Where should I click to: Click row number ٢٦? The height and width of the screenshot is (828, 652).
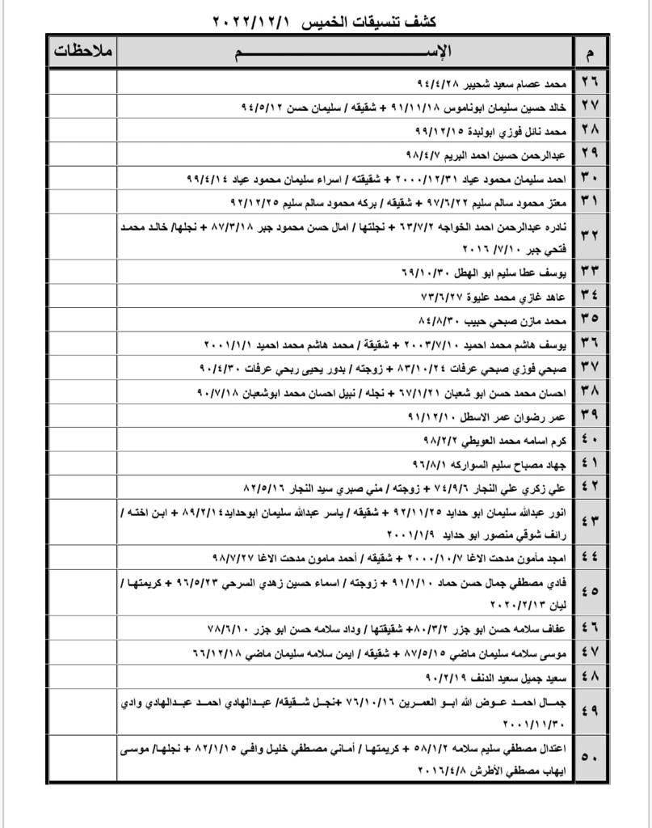[590, 84]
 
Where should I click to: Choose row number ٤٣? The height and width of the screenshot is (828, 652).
[590, 521]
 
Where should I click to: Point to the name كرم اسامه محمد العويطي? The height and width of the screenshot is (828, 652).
[510, 441]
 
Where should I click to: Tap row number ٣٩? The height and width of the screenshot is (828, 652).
[590, 416]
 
